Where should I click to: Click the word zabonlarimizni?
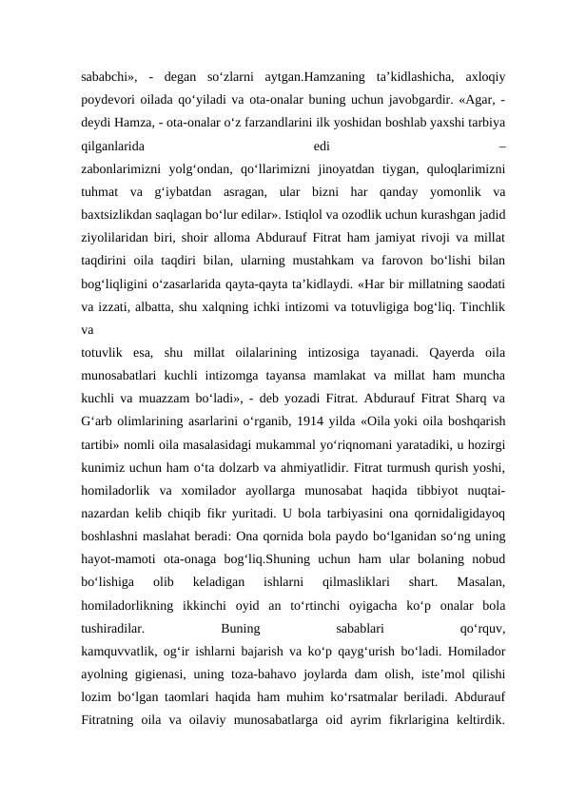pos(126,170)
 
